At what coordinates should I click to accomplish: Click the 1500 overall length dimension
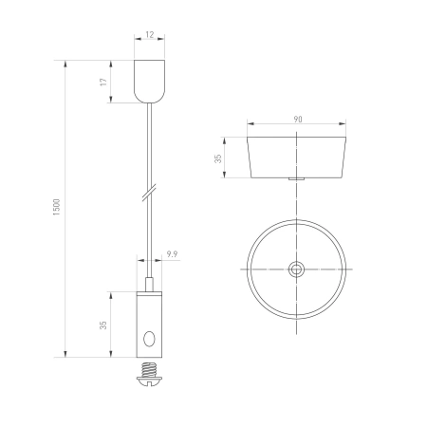(57, 209)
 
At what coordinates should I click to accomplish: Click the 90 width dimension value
(297, 120)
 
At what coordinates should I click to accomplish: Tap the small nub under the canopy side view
(296, 179)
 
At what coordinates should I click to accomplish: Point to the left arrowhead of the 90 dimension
(250, 125)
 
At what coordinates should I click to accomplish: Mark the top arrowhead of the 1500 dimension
(65, 65)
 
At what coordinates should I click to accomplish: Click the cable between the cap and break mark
(148, 142)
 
